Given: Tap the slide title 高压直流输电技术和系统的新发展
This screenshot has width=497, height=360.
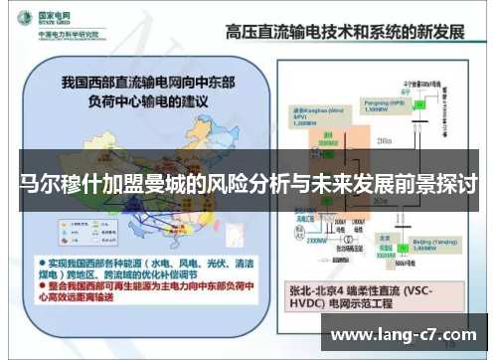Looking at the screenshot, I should pos(345,30).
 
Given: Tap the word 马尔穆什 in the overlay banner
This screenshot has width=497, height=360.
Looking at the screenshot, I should pos(54,185).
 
